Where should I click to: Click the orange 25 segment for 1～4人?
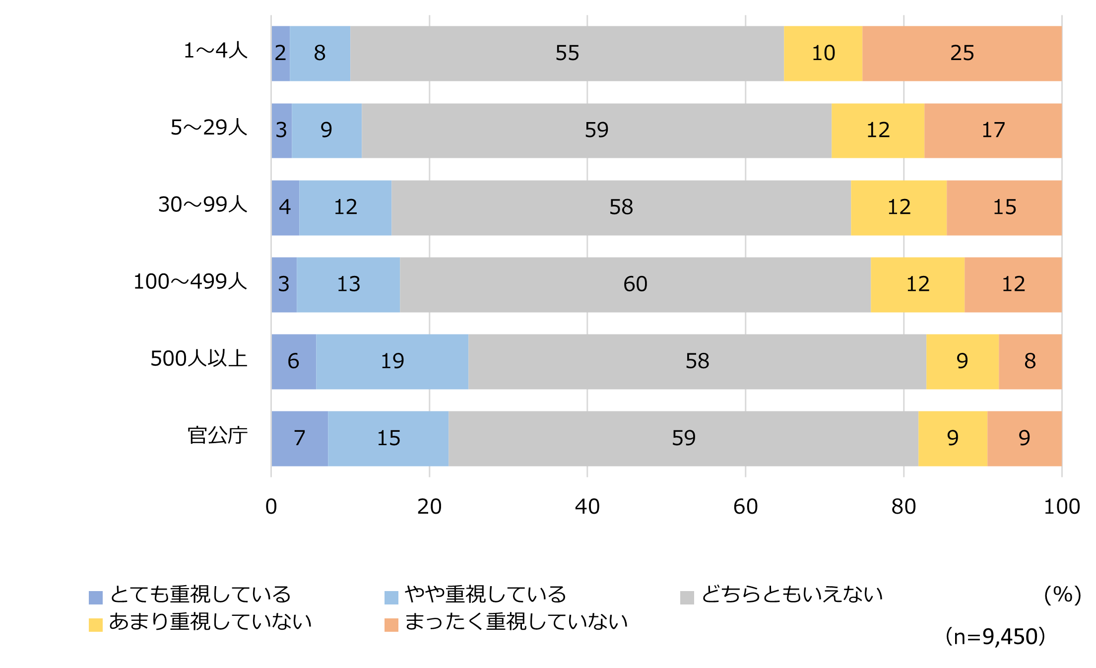(x=962, y=53)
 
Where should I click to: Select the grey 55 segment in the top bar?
(x=567, y=53)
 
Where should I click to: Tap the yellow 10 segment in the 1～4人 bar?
(x=823, y=53)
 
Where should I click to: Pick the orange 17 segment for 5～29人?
(x=993, y=131)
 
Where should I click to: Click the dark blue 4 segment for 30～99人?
(x=285, y=207)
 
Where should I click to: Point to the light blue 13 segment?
(x=348, y=284)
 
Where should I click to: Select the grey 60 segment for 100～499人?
(x=635, y=284)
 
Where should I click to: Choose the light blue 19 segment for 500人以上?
(x=392, y=361)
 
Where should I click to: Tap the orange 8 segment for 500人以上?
(x=1030, y=361)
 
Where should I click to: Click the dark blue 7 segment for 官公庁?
(x=299, y=438)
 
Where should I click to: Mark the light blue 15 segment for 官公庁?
(x=388, y=438)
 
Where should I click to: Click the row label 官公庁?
(x=217, y=436)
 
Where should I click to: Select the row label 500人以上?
(x=198, y=358)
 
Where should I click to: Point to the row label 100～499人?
(x=190, y=281)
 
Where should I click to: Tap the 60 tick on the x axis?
(x=745, y=507)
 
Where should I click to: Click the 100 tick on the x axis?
(x=1061, y=507)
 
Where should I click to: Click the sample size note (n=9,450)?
(x=995, y=637)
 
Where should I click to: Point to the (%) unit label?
(x=1062, y=595)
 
